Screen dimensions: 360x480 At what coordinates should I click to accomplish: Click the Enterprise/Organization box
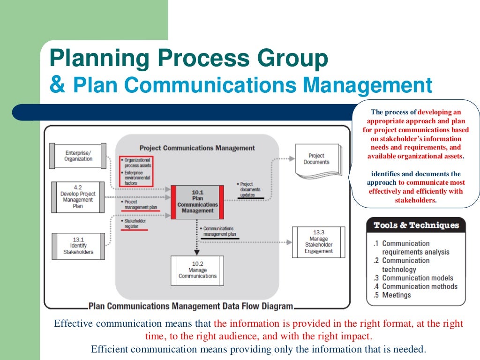[x=78, y=156]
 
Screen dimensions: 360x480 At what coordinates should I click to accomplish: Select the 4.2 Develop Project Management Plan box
[x=78, y=197]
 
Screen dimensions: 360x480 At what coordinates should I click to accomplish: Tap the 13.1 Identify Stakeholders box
[x=78, y=245]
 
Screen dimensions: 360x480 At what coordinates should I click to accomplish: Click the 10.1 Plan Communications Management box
[x=197, y=202]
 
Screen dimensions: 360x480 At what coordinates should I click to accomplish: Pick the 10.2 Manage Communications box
[x=197, y=270]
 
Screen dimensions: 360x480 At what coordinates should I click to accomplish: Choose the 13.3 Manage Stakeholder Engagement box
[x=318, y=241]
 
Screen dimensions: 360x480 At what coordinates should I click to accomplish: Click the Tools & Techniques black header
[x=416, y=225]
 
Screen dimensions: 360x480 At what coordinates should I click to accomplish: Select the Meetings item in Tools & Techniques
[x=396, y=295]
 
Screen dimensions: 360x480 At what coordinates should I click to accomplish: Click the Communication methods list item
[x=419, y=286]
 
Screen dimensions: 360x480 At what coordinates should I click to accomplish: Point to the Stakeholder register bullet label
[x=135, y=223]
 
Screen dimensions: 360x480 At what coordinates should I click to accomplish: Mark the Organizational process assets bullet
[x=137, y=163]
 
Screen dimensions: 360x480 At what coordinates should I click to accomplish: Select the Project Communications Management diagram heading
[x=197, y=148]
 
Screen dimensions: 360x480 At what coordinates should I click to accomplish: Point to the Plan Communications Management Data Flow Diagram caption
[x=191, y=307]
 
